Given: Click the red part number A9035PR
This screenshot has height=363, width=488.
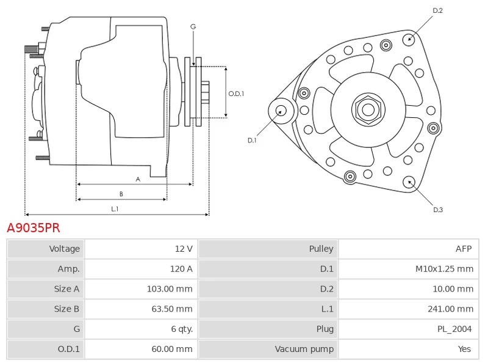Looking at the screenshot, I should pos(34,228).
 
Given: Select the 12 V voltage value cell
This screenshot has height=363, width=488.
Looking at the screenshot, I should pos(184,249).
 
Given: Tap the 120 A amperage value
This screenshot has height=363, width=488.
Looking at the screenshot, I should pos(181,269).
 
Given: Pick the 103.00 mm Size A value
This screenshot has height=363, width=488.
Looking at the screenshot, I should pos(170,289).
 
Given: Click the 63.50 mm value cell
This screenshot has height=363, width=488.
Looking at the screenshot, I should pos(172,309).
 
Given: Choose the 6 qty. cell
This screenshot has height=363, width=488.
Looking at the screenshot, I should pos(181,329).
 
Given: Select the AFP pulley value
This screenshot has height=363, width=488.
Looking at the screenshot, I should pos(464,249).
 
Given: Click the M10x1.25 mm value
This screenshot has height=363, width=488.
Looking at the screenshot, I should pos(443,269).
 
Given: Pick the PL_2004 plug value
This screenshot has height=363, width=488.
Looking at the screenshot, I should pos(454,329).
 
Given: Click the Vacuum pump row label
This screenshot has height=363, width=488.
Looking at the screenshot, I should pos(304,349).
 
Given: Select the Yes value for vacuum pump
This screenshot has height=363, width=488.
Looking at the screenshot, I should pos(465,349).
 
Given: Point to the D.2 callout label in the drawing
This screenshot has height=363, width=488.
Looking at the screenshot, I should pos(437,10).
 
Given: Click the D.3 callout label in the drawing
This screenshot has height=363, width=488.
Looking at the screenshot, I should pos(438,210).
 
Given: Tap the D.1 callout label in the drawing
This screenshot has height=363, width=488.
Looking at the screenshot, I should pos(252,141).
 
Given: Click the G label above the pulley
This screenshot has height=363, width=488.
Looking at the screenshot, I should pos(193,26).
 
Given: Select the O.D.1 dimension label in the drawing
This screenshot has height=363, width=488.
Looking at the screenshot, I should pos(236,94).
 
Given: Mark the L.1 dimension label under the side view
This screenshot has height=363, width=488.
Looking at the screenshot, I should pos(114,209).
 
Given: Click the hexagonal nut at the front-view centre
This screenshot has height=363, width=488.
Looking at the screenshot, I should pos(368,110).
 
